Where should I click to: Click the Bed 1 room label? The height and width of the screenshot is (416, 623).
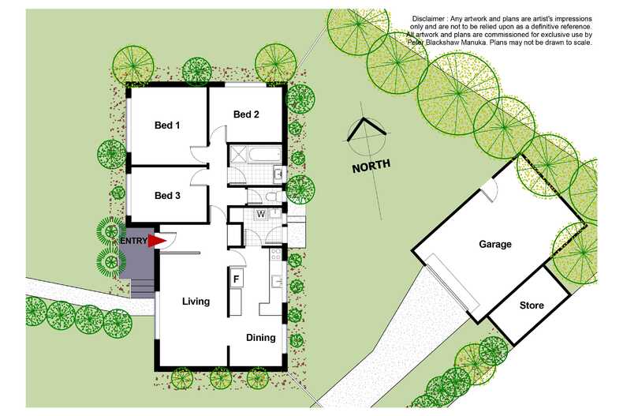[167, 125]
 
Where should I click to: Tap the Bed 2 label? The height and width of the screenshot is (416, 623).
[246, 114]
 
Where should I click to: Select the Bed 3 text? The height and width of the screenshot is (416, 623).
[167, 196]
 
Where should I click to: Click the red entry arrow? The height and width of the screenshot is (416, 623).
[156, 241]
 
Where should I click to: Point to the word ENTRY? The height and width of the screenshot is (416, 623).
[134, 242]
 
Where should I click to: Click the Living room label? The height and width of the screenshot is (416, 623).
[196, 302]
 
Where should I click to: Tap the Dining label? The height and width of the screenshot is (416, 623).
[261, 338]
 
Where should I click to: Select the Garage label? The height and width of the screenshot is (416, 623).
[494, 245]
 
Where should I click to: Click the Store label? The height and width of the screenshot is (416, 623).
[532, 305]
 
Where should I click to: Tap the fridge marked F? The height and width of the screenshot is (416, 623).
[236, 278]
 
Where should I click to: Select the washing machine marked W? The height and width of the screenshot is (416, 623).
[259, 215]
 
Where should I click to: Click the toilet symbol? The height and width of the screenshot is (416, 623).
[270, 196]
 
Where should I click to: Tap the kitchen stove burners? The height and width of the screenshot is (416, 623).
[275, 255]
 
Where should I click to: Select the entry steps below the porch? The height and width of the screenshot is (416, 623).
[142, 285]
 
